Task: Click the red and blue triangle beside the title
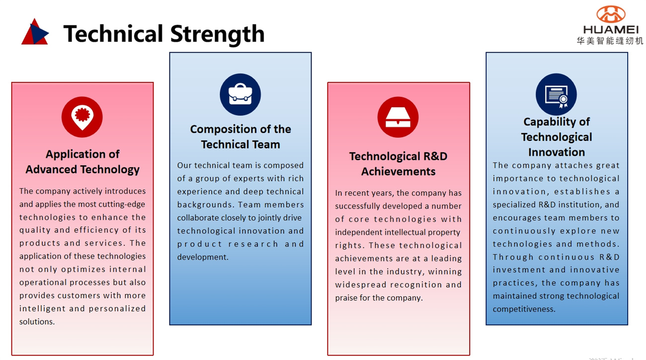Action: click(x=35, y=32)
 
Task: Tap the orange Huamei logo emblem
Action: click(x=611, y=14)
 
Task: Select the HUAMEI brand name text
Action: click(x=611, y=29)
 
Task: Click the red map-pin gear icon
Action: click(x=82, y=117)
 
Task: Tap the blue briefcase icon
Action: click(x=240, y=94)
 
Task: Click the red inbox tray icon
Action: click(x=398, y=117)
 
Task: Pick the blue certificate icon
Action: click(x=556, y=94)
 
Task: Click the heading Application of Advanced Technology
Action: click(x=82, y=162)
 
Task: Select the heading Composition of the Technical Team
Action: click(x=241, y=137)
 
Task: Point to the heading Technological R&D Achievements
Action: click(x=398, y=164)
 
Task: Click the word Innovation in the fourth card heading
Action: click(x=557, y=152)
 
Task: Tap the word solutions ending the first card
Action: click(x=37, y=322)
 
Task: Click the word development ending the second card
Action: click(x=203, y=257)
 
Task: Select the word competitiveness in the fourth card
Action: click(x=524, y=309)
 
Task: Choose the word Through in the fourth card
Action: click(x=513, y=257)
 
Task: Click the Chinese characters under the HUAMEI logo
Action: click(x=610, y=41)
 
